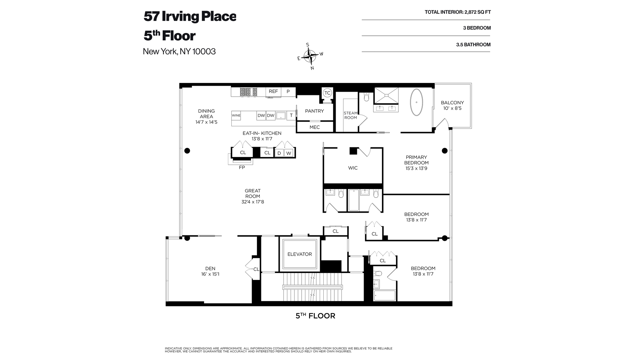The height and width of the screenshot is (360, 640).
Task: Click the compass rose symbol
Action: tap(311, 56)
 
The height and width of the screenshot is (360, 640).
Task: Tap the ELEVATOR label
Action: tap(300, 254)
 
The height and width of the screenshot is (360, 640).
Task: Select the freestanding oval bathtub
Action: tap(416, 102)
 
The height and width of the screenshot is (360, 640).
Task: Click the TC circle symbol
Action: tap(327, 93)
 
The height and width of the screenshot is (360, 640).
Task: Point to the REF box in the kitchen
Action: tap(273, 91)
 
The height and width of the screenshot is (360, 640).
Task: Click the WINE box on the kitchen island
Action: tap(236, 116)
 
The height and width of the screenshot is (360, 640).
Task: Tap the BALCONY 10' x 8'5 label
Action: tap(452, 105)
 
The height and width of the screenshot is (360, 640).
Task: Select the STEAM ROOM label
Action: tap(350, 115)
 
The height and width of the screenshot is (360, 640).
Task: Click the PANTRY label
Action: tap(314, 111)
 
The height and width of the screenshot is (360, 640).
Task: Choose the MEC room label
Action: tap(314, 127)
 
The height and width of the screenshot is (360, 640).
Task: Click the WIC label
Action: tap(353, 168)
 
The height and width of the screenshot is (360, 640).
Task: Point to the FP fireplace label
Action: tap(242, 168)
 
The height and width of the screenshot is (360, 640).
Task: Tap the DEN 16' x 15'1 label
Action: tap(210, 271)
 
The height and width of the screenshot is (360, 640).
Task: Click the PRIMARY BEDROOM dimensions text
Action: tap(416, 168)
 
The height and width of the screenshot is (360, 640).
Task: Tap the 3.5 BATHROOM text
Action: tap(473, 45)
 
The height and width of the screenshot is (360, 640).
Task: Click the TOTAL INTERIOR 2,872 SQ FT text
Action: tap(457, 12)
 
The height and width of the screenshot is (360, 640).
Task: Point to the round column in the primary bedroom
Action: tap(444, 151)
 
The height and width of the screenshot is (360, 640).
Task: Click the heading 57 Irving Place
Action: tap(190, 16)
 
